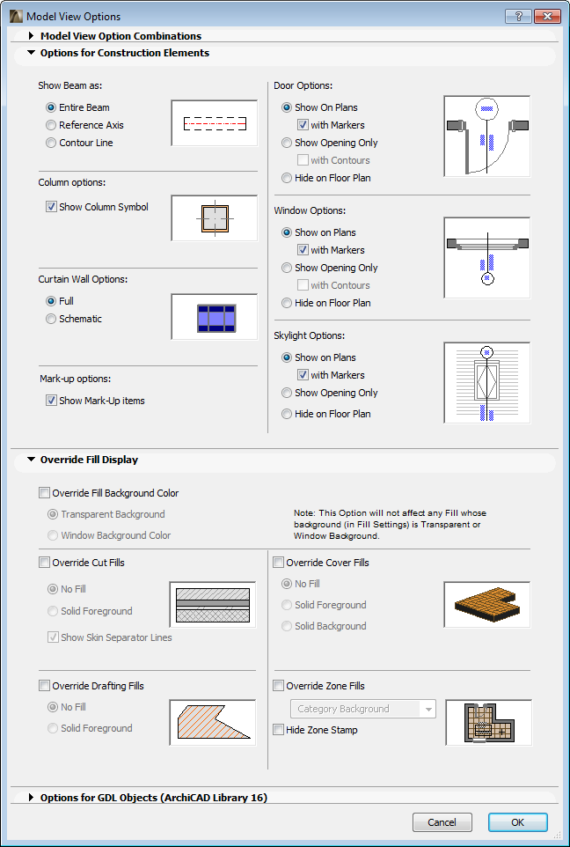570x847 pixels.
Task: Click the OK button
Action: pos(517,822)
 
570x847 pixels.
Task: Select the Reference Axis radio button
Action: pos(51,125)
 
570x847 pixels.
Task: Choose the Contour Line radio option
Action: pos(51,143)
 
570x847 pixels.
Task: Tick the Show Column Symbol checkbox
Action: pos(51,207)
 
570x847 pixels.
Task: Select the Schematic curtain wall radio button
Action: pos(51,319)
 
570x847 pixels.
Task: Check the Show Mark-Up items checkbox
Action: pos(51,401)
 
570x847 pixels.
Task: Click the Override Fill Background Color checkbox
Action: pos(45,493)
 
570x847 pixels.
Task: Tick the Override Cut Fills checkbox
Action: pos(45,563)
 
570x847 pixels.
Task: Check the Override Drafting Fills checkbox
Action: pos(45,686)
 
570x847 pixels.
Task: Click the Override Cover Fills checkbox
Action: pos(279,563)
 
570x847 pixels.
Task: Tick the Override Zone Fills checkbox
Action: pos(279,686)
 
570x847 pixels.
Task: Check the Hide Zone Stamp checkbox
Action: pos(279,730)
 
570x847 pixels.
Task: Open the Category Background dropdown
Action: pos(362,709)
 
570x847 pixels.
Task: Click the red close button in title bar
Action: pos(547,16)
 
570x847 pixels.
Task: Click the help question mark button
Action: pos(518,16)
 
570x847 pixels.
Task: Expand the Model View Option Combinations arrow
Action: pos(32,36)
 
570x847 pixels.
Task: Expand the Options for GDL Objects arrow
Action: pos(32,798)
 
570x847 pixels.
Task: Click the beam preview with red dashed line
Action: pos(214,123)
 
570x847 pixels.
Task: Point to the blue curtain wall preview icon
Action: pos(214,317)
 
